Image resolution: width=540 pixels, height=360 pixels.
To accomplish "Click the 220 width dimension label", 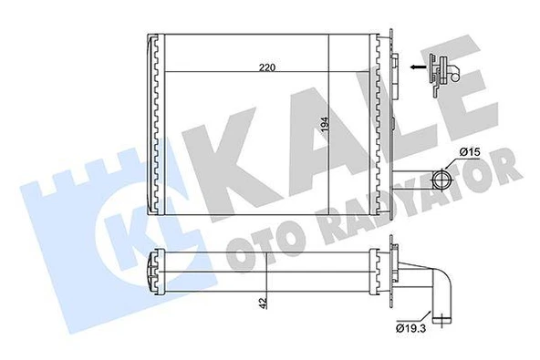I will click(266, 67).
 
